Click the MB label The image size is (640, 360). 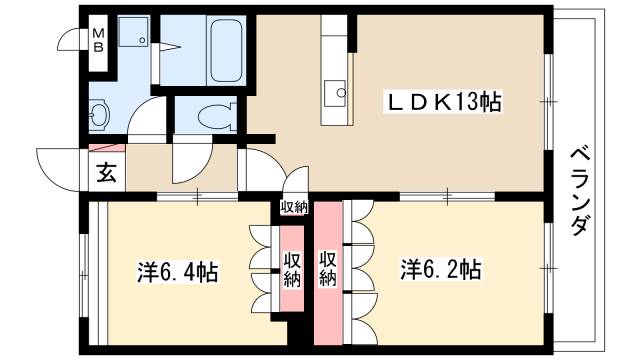point(99,43)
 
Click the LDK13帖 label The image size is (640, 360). point(445,101)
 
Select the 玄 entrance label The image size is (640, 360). point(106,172)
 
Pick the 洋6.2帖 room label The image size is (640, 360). point(441,270)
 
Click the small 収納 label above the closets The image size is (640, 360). point(294,207)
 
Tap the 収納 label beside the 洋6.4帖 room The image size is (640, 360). point(291,270)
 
